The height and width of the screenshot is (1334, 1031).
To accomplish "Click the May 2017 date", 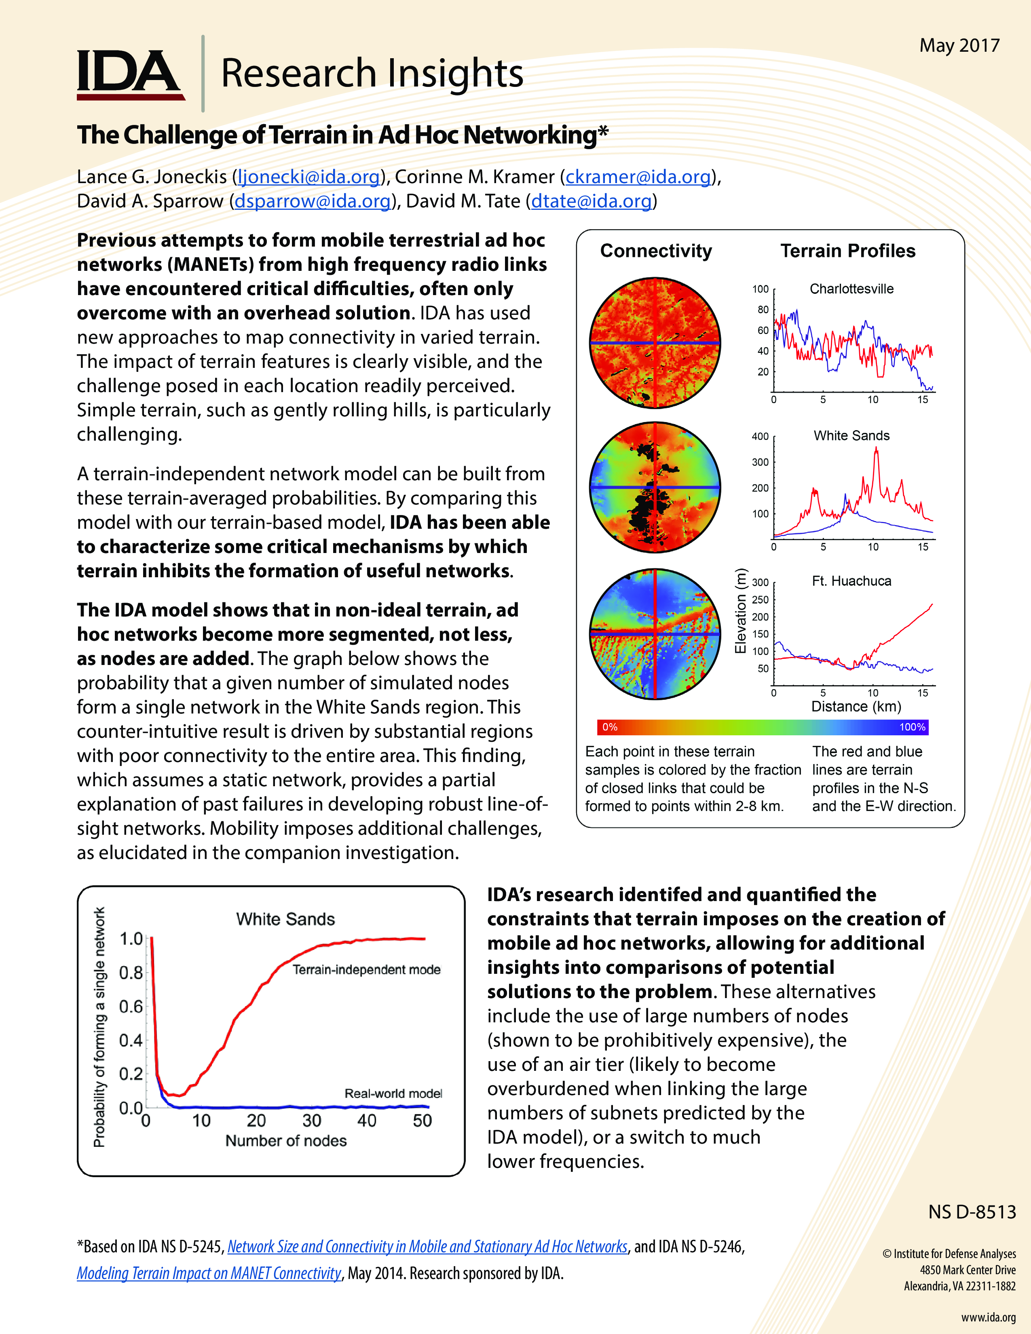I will [x=959, y=46].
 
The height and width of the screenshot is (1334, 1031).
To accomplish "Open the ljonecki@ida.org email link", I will [x=308, y=177].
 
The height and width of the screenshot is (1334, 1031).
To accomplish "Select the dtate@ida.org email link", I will [x=591, y=202].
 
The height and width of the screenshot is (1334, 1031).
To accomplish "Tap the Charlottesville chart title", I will [x=851, y=289].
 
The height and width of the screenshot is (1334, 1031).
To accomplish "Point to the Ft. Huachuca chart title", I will [x=851, y=581].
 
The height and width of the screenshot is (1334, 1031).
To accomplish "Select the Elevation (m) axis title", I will [x=741, y=611].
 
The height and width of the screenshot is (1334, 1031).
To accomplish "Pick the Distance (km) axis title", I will [x=856, y=707].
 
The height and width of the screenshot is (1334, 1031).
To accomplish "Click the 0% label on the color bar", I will [x=610, y=727].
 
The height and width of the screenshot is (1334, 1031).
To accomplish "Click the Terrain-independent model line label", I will [x=366, y=970].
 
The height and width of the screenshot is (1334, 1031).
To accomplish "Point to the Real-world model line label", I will [x=393, y=1093].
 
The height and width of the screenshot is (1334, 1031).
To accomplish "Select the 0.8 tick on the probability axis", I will [x=131, y=972].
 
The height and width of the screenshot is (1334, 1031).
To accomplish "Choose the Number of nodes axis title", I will [x=286, y=1141].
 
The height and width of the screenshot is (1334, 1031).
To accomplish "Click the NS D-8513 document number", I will [x=972, y=1212].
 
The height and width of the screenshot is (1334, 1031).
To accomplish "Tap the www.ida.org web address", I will [x=988, y=1317].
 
